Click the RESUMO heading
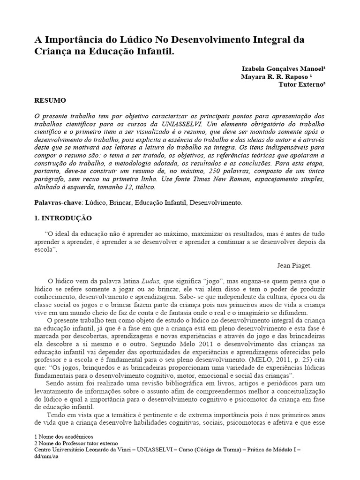pos(51,100)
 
